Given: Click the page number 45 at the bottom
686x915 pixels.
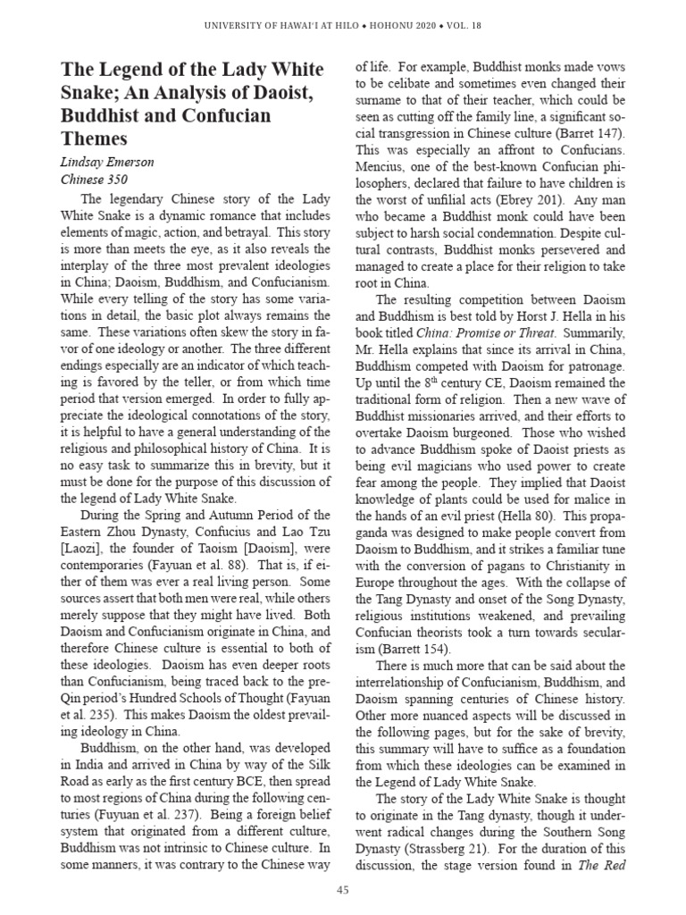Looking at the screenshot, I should [x=343, y=889].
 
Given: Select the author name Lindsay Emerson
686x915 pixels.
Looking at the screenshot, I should [x=108, y=162].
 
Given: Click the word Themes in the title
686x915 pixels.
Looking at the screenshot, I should [x=94, y=139].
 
